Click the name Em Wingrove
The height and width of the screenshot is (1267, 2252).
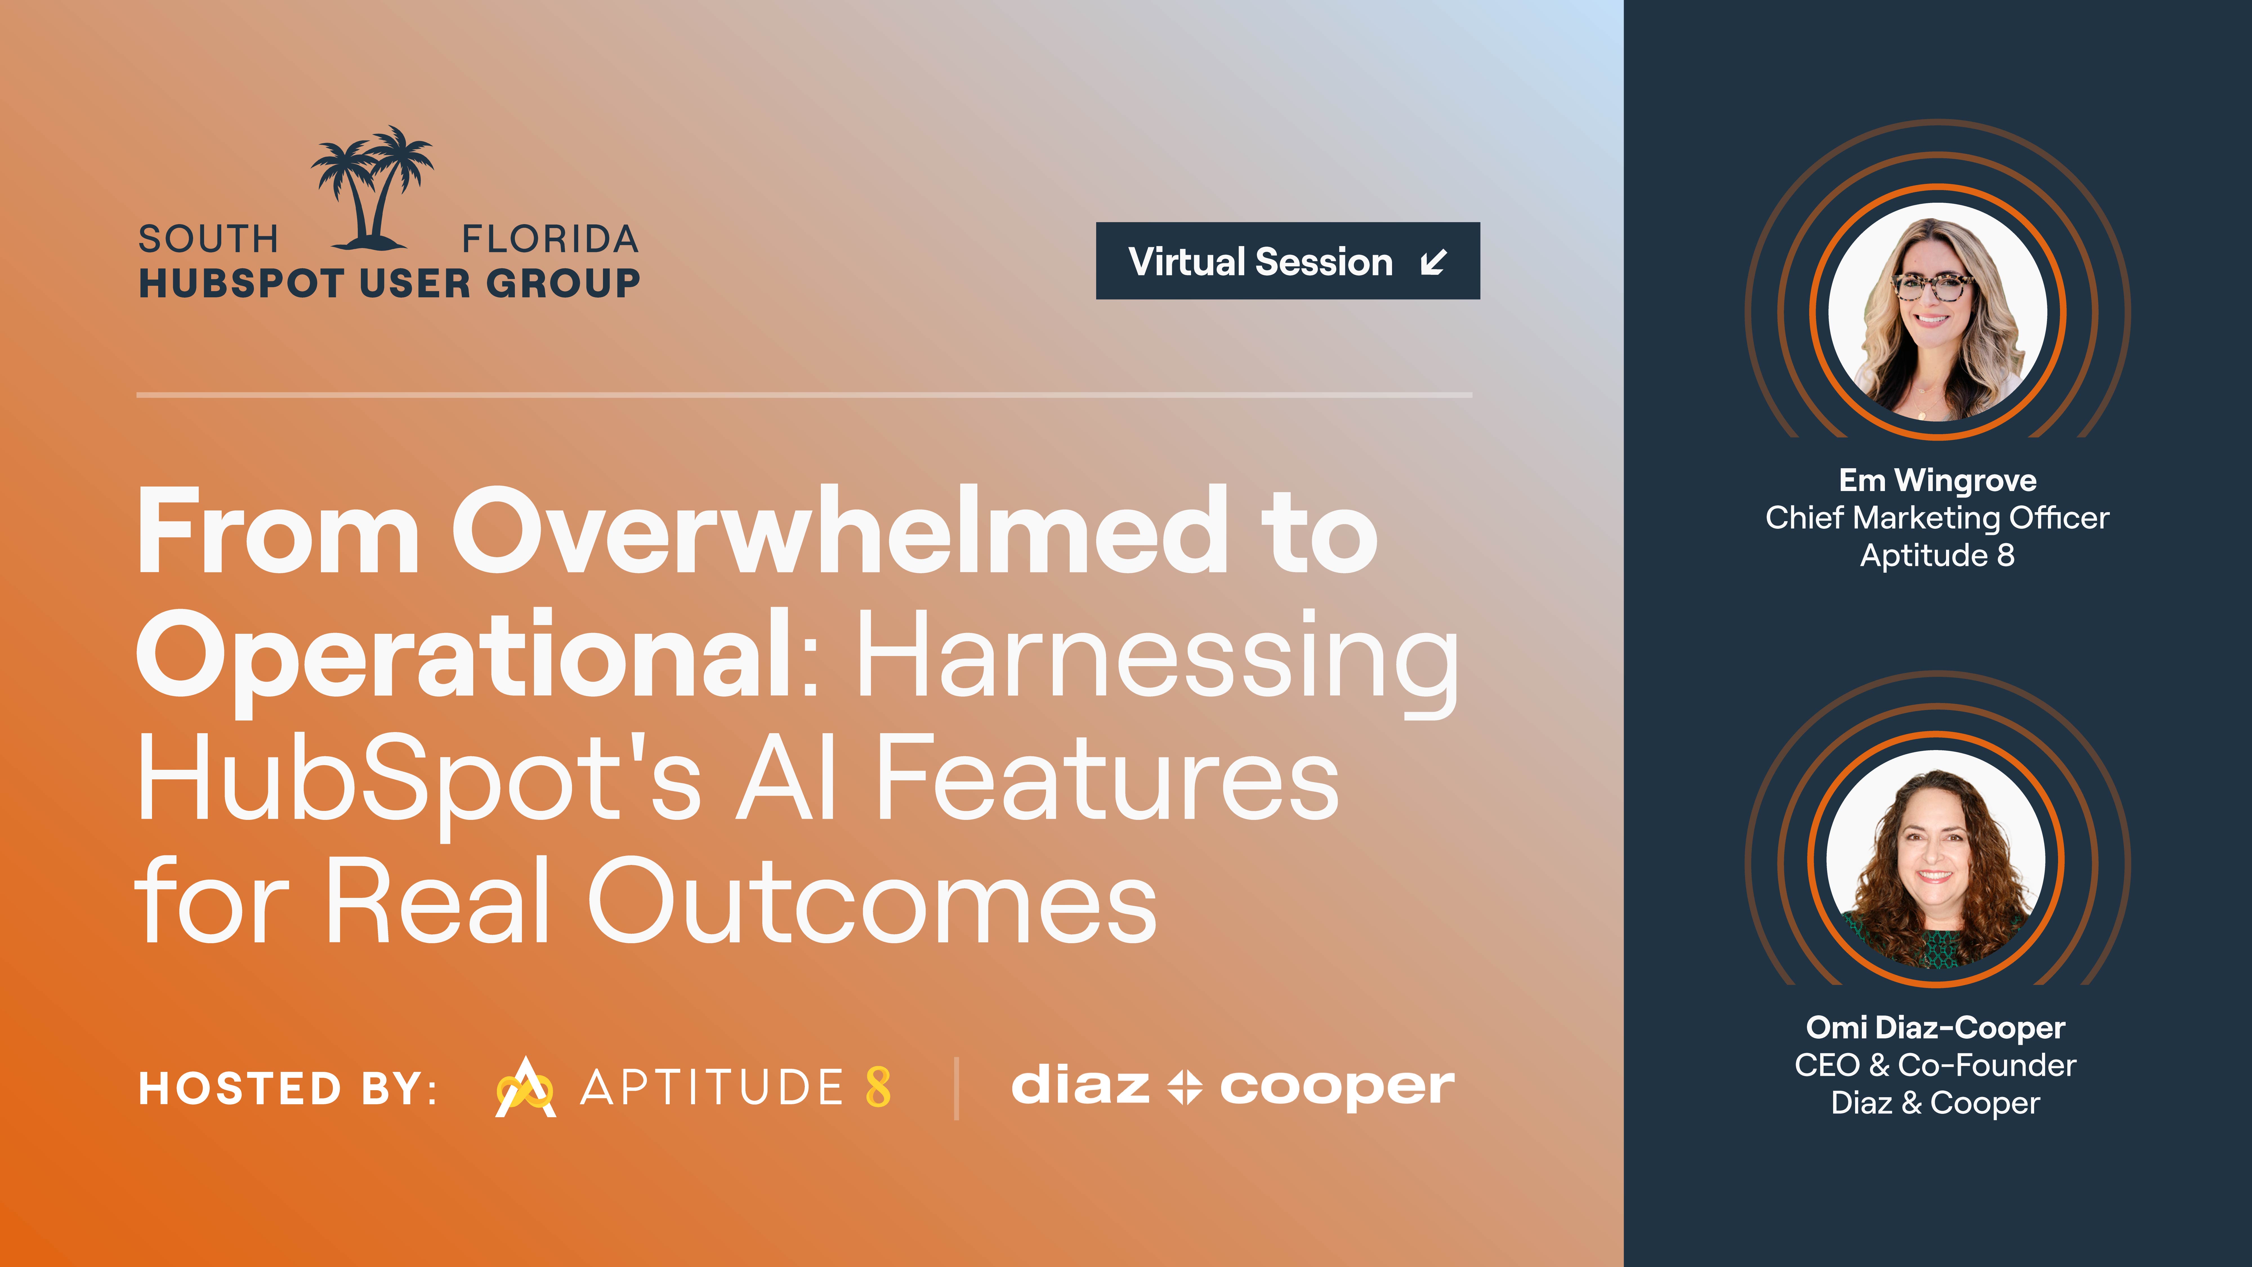(x=1937, y=480)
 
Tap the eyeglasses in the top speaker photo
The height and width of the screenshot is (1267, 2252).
(x=1932, y=286)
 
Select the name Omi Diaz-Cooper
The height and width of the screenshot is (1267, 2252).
(x=1936, y=1027)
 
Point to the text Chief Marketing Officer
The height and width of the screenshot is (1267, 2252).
(x=1937, y=518)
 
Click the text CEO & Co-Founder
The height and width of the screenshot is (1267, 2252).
(x=1936, y=1065)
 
